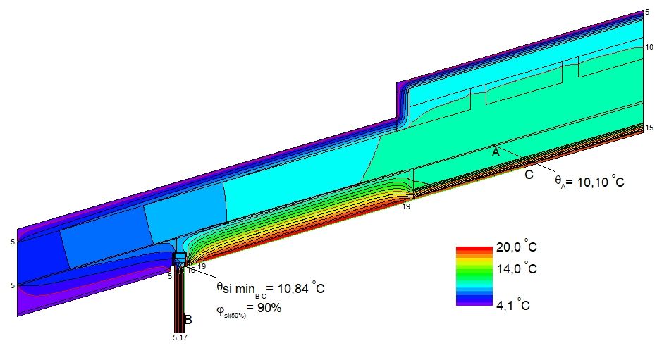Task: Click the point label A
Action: tap(496, 152)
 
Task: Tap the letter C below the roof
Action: tap(529, 175)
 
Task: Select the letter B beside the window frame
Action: tap(188, 320)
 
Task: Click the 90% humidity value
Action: tap(270, 308)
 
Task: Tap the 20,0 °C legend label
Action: tap(516, 247)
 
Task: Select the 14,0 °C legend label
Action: tap(516, 268)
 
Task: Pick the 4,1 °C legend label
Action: tap(513, 304)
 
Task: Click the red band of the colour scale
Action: tap(474, 249)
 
